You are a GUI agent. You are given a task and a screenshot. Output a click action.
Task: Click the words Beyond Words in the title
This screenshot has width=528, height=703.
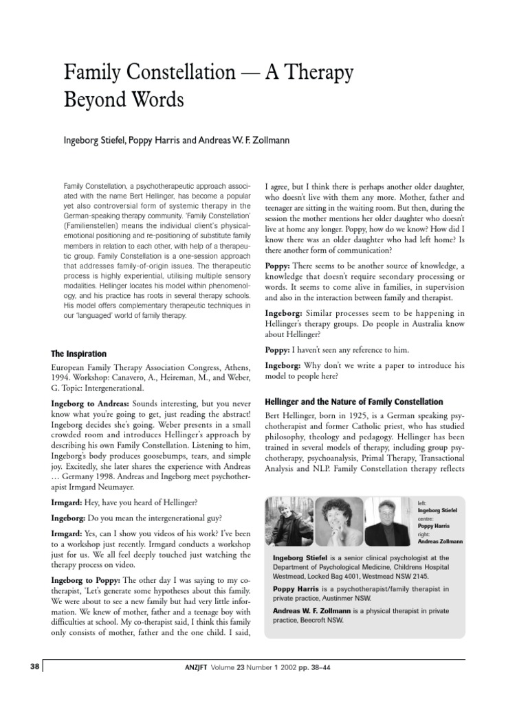coord(124,100)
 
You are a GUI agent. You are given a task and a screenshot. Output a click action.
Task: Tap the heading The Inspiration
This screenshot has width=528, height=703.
coord(78,354)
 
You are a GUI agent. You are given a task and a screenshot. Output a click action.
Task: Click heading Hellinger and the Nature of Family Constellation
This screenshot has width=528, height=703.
coord(354,402)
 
